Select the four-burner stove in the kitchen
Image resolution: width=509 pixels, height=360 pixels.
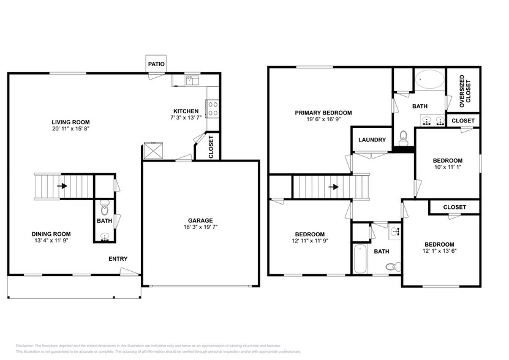[x=213, y=108]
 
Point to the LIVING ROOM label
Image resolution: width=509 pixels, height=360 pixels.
[x=72, y=122]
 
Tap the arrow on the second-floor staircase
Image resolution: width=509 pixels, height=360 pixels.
[x=333, y=187]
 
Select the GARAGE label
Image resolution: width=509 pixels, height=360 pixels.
[x=200, y=220]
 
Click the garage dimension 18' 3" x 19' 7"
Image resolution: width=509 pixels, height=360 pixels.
[x=200, y=228]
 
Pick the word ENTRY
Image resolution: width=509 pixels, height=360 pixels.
[x=118, y=259]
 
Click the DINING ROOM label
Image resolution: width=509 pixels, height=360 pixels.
[x=51, y=234]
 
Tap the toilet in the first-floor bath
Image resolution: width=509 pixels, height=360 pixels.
[x=104, y=203]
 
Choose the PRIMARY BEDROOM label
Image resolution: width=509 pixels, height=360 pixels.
[x=323, y=113]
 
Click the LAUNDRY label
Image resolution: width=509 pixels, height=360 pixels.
[x=372, y=140]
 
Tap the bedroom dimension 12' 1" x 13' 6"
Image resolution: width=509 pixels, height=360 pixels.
[x=439, y=251]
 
